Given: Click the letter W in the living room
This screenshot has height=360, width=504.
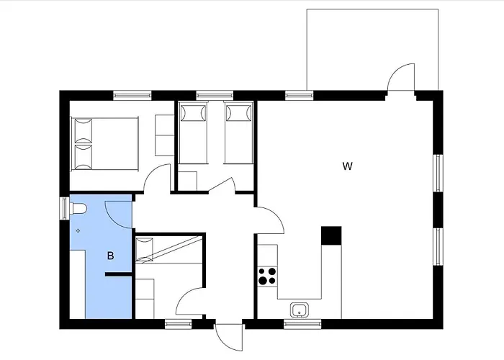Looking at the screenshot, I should (x=347, y=167).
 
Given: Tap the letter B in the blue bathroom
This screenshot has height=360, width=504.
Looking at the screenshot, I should (x=111, y=256).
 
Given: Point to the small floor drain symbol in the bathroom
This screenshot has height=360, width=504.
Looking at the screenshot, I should (x=78, y=230).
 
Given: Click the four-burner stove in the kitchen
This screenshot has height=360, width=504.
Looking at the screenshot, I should (x=267, y=275).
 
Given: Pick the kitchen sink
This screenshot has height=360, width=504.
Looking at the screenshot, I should (x=300, y=310).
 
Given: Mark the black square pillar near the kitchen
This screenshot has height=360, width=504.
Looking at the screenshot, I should (x=330, y=235).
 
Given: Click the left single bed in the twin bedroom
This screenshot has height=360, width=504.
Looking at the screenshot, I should (x=192, y=133).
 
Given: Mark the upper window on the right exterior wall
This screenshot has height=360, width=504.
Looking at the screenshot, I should (x=437, y=173).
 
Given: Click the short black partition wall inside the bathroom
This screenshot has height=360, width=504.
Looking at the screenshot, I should (x=117, y=274).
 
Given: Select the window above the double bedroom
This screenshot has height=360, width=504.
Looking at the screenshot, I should (x=132, y=94).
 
